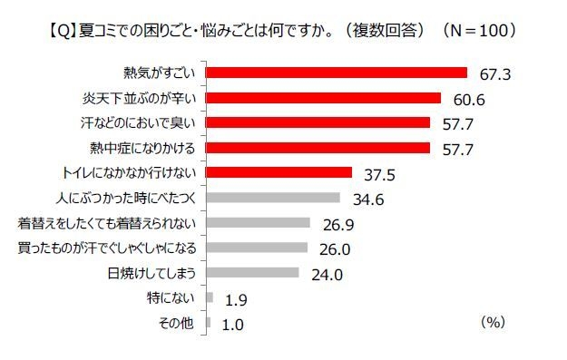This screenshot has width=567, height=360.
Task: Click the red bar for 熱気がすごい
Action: click(337, 73)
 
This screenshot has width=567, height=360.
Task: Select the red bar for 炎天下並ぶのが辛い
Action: click(324, 98)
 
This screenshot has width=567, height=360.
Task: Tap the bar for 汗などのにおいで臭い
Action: click(318, 122)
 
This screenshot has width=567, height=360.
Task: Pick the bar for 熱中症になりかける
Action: click(318, 148)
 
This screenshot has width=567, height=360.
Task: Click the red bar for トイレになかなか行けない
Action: click(279, 172)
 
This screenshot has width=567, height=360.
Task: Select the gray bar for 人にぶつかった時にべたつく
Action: click(273, 198)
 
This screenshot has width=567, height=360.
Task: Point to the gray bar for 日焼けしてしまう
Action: click(252, 273)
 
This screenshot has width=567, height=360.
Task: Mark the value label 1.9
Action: click(233, 298)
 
